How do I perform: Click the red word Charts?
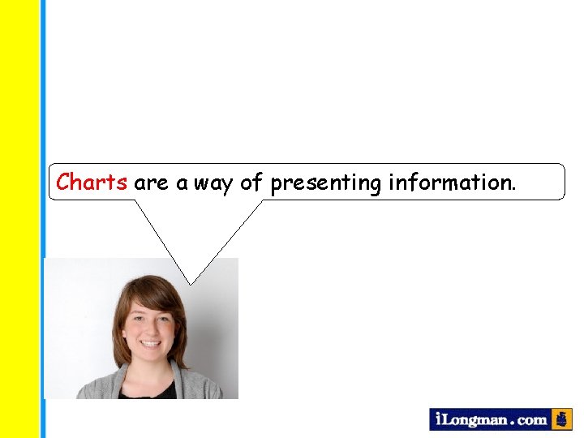(92, 182)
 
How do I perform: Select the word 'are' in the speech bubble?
(151, 183)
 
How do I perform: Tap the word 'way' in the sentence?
(213, 184)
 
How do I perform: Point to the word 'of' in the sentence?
(251, 182)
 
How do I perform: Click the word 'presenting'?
(326, 184)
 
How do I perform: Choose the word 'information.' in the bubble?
(451, 182)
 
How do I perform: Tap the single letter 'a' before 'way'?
(182, 184)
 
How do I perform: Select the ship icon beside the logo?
(561, 419)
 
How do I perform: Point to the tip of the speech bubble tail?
(191, 284)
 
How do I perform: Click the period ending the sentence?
(512, 189)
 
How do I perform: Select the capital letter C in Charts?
(64, 182)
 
